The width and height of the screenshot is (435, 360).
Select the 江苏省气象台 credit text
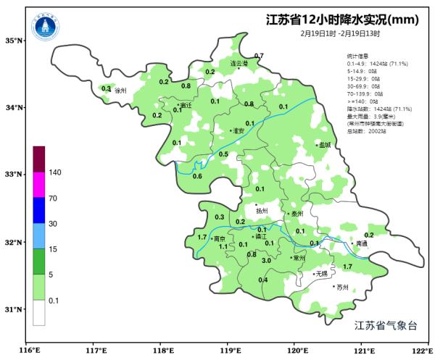[386, 325]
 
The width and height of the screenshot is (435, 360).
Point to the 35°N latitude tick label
[14, 41]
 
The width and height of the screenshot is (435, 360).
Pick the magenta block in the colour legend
[39, 184]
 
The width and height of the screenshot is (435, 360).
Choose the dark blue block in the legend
[39, 210]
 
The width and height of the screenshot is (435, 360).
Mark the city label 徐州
[120, 91]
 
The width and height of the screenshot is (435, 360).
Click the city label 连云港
[239, 64]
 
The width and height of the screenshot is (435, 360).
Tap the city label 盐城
[323, 145]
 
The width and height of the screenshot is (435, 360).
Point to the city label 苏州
[341, 288]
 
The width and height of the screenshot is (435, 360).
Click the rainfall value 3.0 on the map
[266, 261]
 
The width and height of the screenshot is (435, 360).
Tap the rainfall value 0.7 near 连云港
[259, 56]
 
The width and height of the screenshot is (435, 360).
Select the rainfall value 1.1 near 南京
[223, 247]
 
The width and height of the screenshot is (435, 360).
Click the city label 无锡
[320, 274]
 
